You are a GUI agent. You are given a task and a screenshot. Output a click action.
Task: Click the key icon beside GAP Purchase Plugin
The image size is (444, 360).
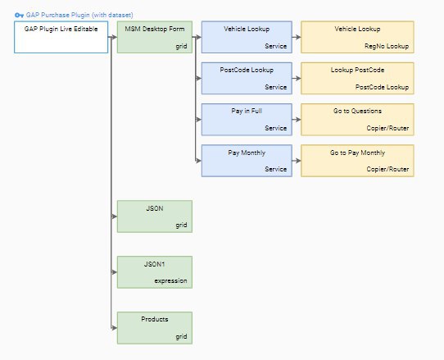[x=19, y=15]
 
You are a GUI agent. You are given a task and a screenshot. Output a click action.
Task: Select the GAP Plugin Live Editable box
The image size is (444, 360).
[x=61, y=37]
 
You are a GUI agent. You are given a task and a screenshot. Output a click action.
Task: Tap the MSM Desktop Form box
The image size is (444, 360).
[x=155, y=37]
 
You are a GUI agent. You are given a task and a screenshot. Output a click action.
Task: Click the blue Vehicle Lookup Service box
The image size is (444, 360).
[x=247, y=37]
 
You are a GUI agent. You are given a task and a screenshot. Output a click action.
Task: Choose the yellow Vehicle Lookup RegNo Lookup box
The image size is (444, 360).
[x=357, y=37]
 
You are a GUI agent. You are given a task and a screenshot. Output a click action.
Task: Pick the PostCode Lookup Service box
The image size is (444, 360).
[x=247, y=78]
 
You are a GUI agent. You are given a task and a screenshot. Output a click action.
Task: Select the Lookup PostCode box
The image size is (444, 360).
[x=357, y=78]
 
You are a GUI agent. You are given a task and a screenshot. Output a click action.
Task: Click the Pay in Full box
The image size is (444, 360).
[x=247, y=120]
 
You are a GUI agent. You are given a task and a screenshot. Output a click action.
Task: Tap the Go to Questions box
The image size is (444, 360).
[x=357, y=120]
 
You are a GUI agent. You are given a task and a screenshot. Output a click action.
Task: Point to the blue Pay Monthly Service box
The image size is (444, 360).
[x=247, y=161]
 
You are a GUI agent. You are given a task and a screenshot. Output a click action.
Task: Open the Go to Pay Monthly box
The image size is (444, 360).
[x=357, y=161]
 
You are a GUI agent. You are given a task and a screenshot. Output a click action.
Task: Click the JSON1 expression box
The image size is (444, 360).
[x=155, y=272]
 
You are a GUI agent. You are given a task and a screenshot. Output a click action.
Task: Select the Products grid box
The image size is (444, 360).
[x=155, y=328]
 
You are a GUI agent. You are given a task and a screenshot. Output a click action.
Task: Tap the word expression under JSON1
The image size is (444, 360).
[x=170, y=281]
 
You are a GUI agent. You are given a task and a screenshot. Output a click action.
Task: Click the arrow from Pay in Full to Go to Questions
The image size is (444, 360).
[x=297, y=120]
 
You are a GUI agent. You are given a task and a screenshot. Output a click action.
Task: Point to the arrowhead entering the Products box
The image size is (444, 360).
[x=115, y=328]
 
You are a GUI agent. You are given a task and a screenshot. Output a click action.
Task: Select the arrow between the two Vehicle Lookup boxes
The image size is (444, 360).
[x=297, y=37]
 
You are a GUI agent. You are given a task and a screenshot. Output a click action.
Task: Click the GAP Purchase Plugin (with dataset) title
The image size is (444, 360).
[x=79, y=15]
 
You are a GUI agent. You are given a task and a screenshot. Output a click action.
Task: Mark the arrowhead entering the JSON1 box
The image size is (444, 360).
[x=115, y=272]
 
